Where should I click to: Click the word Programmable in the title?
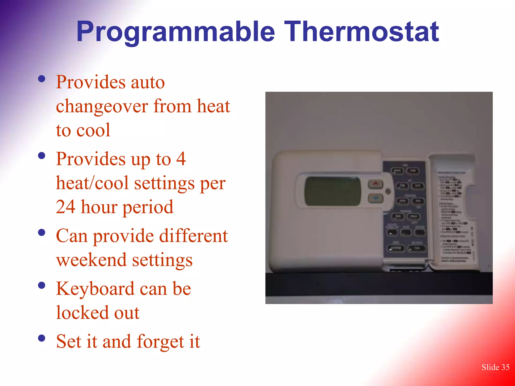176,32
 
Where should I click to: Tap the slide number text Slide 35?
495,367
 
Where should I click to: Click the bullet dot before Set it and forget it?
42,338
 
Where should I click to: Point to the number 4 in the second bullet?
181,159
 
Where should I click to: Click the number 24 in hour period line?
65,207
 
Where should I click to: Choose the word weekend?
91,260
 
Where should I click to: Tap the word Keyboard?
95,288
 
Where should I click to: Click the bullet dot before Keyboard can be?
42,285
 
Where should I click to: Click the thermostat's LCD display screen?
332,191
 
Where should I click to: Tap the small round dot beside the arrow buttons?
388,191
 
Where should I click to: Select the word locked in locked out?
82,313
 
